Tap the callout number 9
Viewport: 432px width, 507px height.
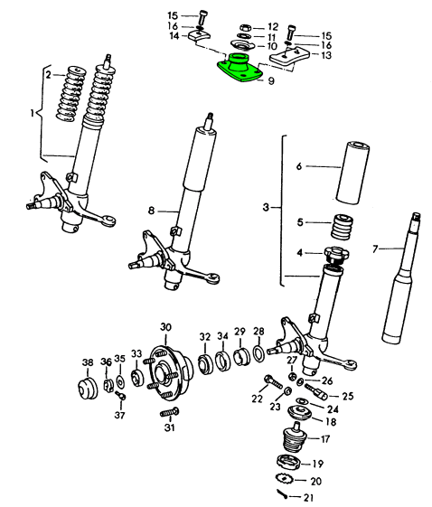271,80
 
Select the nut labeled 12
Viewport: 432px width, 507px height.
245,27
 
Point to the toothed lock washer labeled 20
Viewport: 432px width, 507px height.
284,478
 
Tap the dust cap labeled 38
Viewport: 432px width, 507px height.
88,388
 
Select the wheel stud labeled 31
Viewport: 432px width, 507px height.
169,412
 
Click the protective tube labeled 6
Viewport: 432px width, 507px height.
352,173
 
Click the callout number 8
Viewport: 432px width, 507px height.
151,211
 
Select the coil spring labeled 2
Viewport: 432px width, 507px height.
71,94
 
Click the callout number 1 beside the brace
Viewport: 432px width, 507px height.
32,114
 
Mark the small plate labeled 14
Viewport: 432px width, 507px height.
199,35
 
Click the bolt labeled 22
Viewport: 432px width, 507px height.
273,382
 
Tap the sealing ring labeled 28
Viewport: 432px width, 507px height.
259,353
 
